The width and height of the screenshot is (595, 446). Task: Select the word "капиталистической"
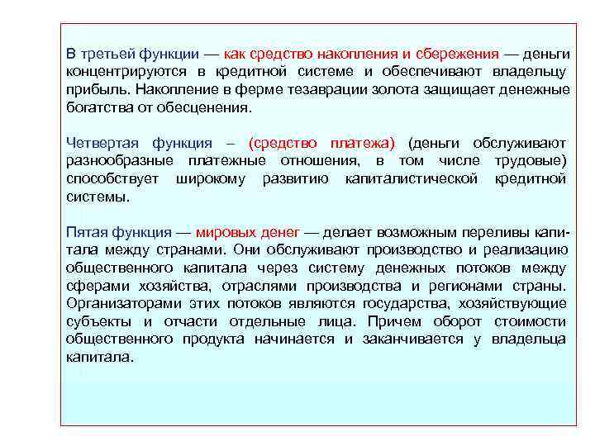412,178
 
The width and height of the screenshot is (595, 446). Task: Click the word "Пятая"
85,232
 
